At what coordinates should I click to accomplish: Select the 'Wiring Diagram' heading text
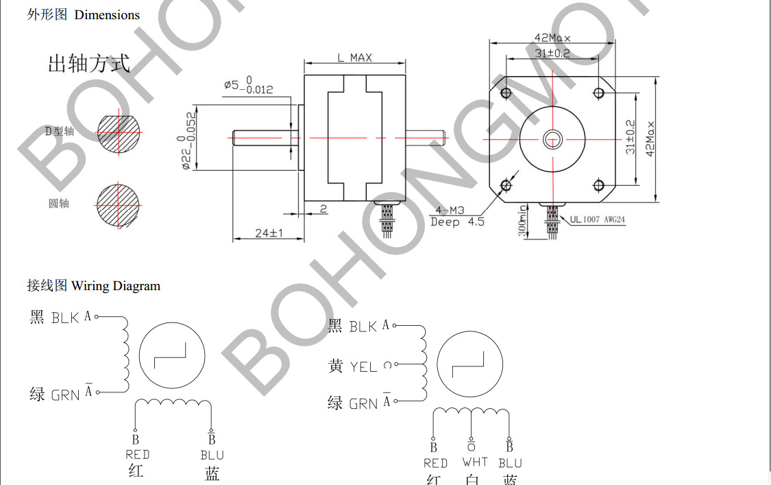click(116, 286)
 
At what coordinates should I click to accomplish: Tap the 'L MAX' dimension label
click(354, 58)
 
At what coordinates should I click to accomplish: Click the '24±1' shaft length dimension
click(269, 233)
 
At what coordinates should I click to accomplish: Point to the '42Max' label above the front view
click(552, 38)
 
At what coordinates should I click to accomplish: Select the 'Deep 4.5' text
click(456, 222)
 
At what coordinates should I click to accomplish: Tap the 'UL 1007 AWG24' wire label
click(597, 220)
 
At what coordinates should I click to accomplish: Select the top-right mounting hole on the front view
click(599, 93)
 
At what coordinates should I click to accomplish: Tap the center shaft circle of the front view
click(552, 140)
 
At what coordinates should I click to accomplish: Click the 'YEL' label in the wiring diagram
click(363, 367)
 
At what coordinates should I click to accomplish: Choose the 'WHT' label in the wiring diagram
click(474, 463)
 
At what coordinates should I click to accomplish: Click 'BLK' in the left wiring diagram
click(65, 318)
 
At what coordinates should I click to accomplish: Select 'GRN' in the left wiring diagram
click(65, 395)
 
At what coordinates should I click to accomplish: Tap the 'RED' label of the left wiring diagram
click(137, 455)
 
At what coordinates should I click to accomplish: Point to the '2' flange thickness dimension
click(323, 209)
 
